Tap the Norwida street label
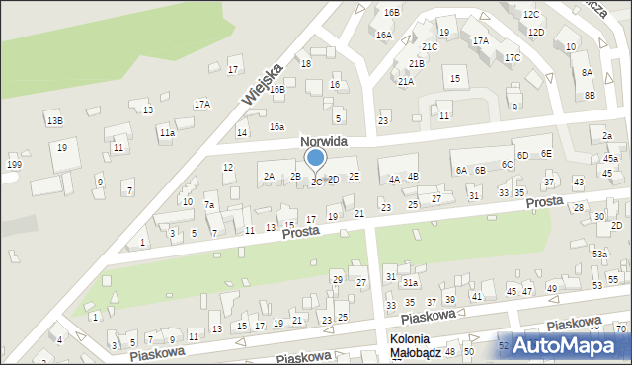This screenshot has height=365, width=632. point(324,142)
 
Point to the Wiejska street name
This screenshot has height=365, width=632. point(263,84)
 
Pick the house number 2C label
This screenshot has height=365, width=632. point(316,182)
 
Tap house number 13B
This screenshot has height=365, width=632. point(54,120)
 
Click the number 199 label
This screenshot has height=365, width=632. point(14,164)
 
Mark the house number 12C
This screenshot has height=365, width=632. point(531,15)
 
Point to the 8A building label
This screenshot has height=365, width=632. point(587,73)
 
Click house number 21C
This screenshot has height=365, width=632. point(430,46)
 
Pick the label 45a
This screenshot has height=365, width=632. point(611,159)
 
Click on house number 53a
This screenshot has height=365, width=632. point(599,254)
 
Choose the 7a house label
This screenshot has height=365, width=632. point(209,205)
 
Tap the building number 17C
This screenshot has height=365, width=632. point(513,57)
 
